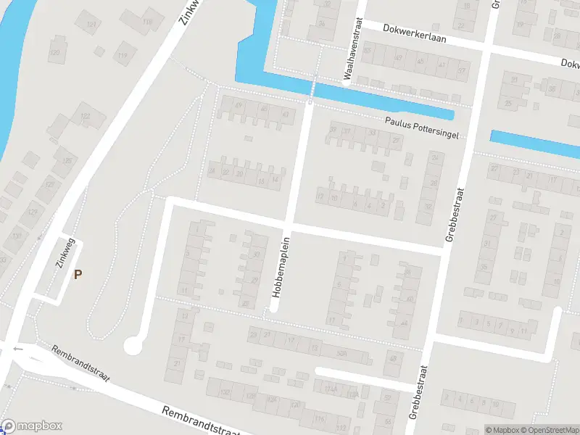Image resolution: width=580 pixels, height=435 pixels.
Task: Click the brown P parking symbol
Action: (78, 274)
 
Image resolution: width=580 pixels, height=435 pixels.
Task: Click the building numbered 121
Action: (91, 25)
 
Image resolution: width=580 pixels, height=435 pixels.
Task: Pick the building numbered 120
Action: (55, 53)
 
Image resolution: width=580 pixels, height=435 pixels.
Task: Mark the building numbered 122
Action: (86, 116)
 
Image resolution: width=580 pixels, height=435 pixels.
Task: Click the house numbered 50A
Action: (341, 354)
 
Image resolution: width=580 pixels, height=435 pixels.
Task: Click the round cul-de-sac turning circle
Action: (133, 346)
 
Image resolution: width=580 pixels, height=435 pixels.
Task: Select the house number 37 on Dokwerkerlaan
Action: (461, 71)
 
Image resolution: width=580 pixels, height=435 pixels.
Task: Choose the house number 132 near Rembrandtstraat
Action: (225, 392)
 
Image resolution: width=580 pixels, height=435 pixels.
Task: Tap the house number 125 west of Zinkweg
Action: (32, 212)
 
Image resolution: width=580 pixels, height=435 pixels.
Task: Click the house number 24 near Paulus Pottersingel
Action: (435, 157)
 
